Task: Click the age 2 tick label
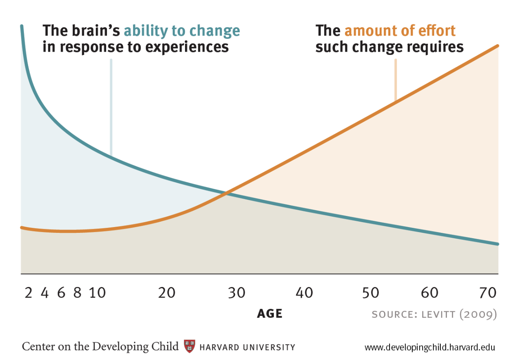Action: coord(28,293)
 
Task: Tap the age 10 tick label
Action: coord(98,293)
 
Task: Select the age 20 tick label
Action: coord(167,293)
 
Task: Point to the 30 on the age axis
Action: coord(237,293)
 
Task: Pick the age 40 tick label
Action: coord(304,293)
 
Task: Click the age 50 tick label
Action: coord(371,293)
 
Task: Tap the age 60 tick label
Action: coord(430,293)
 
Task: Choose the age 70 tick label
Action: coord(487,293)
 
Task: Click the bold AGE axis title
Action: coord(270,314)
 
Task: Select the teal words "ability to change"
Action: coord(182,31)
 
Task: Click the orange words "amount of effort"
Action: coord(400,31)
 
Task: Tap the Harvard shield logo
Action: coord(189,346)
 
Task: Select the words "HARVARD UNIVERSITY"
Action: coord(247,347)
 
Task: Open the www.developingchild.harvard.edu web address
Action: coord(430,347)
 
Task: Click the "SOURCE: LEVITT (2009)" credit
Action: coord(434,314)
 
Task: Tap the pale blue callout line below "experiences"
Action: coord(111,107)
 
